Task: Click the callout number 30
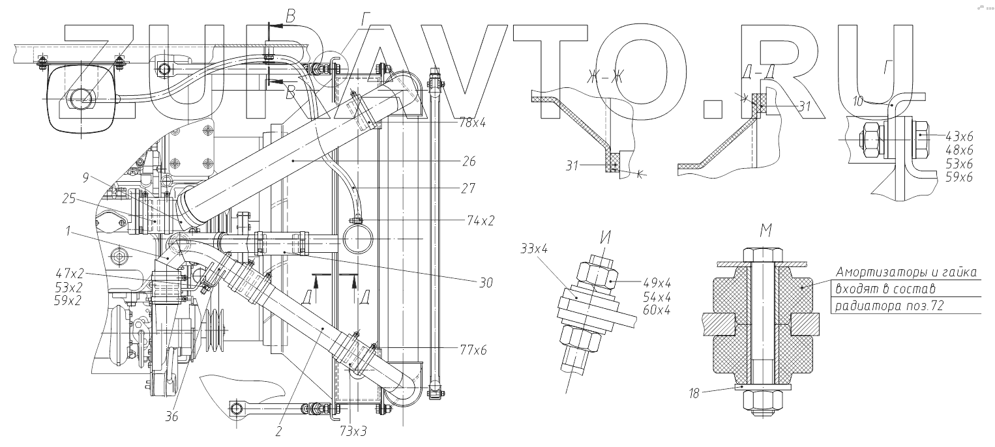point(484,283)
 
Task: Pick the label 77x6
point(473,349)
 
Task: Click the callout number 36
point(171,417)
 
